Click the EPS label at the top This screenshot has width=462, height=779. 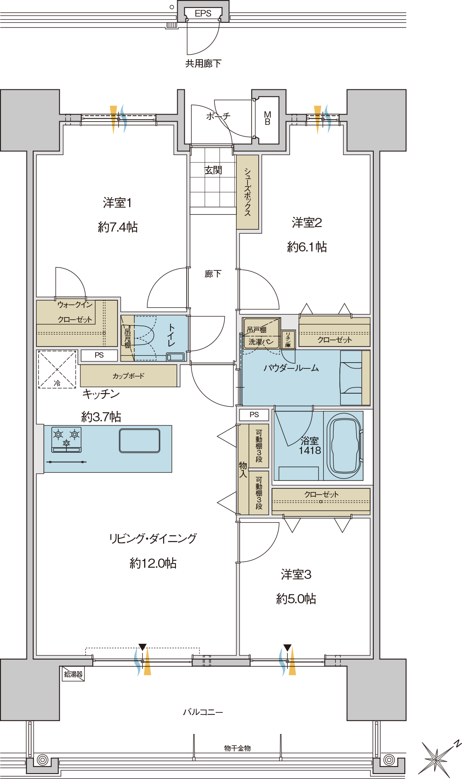[x=203, y=14]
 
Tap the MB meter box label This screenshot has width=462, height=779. [x=267, y=118]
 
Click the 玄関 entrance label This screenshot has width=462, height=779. [x=213, y=170]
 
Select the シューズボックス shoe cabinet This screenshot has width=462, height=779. [x=248, y=192]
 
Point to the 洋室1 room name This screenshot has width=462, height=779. [x=117, y=203]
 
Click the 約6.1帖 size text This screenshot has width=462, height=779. [x=307, y=247]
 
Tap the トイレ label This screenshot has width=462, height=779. [x=171, y=335]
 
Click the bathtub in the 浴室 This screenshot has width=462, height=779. [x=344, y=445]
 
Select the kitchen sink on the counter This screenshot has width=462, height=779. [x=140, y=441]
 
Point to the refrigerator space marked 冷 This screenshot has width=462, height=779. [x=57, y=369]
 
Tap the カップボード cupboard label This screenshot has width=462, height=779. [x=128, y=376]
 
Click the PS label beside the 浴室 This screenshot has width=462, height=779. [x=254, y=415]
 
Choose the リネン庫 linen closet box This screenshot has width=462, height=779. [x=288, y=339]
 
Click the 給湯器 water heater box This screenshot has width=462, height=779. [x=73, y=674]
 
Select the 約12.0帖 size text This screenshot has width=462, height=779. [x=153, y=563]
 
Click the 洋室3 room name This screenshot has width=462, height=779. [x=296, y=574]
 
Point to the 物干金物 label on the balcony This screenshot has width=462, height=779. [x=237, y=748]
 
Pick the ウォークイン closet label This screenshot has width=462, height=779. [x=75, y=305]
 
